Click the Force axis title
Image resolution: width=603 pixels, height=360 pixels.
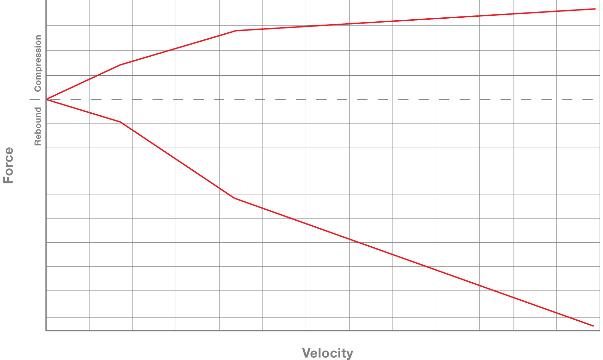[9, 165]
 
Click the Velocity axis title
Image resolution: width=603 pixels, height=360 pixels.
[327, 353]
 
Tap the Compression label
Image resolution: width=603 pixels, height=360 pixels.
[38, 63]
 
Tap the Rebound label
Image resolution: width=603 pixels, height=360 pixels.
[38, 126]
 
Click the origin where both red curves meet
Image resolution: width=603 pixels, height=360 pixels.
[47, 99]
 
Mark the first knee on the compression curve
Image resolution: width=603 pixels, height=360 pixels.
[120, 65]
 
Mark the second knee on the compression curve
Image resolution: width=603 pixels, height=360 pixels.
[236, 31]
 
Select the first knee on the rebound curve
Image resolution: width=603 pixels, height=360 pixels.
[121, 122]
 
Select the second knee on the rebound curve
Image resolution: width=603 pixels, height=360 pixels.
[234, 198]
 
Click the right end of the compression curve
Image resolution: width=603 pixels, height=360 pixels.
[595, 9]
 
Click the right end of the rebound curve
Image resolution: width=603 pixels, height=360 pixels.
[593, 326]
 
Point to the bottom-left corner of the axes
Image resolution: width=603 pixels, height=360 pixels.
[46, 331]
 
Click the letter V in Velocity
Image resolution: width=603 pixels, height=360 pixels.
[306, 353]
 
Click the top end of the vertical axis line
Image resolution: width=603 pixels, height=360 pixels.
[46, 1]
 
